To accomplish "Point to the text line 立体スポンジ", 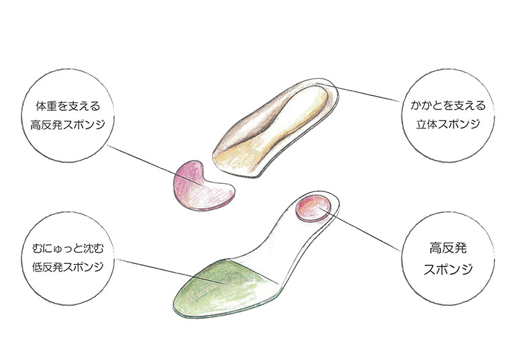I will tap(447, 125).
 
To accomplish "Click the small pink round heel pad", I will tap(313, 208).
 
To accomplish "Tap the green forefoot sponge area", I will tap(215, 289).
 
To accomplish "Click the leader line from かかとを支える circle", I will tap(369, 94).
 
